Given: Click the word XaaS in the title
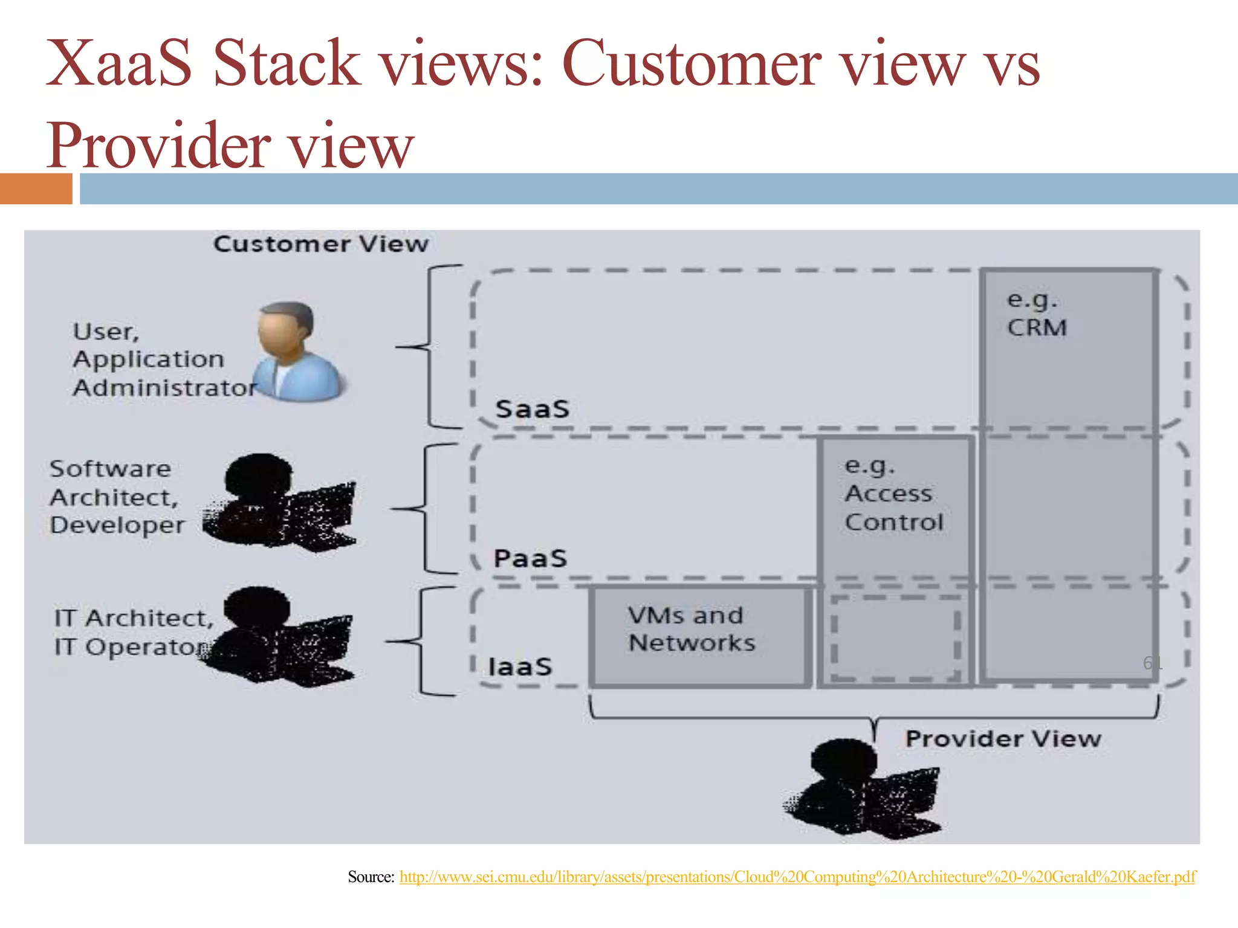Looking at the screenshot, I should pos(119,63).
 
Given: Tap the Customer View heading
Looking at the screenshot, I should pos(321,244).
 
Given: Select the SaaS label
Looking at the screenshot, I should pos(533,409).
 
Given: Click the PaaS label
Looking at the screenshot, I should pos(530,558).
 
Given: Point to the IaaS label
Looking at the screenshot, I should pos(520,667).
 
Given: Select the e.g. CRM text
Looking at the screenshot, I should pos(1036,314).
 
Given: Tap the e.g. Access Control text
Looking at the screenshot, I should pos(893,494).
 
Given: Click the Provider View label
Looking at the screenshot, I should pos(1003,739).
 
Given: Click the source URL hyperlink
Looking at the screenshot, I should pos(797,877).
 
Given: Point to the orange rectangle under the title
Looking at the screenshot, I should pos(36,188).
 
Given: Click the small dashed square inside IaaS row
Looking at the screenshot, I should pos(895,638).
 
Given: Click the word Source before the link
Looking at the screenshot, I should pos(371,877).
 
